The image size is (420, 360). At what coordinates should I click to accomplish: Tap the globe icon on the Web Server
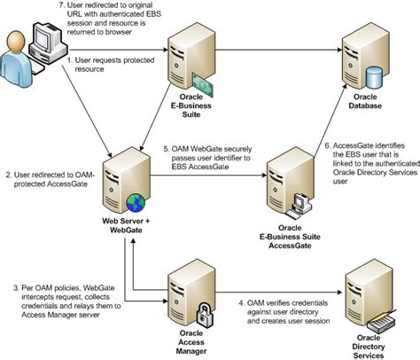tap(136, 203)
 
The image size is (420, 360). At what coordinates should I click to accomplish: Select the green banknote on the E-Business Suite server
tap(203, 85)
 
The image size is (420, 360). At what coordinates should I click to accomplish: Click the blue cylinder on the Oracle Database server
tap(374, 78)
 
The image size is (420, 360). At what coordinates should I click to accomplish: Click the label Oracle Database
tap(365, 101)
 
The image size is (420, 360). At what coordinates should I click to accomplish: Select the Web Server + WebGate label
tap(126, 225)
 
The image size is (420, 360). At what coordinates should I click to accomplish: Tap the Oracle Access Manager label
tap(191, 342)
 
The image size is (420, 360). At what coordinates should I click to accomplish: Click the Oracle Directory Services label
tap(369, 347)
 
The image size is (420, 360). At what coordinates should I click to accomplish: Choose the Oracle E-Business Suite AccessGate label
tap(290, 237)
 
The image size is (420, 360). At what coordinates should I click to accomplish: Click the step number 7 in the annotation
tap(62, 5)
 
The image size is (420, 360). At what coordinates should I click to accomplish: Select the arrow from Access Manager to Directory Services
tap(279, 293)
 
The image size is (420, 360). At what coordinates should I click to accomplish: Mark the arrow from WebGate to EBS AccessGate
tap(208, 176)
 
